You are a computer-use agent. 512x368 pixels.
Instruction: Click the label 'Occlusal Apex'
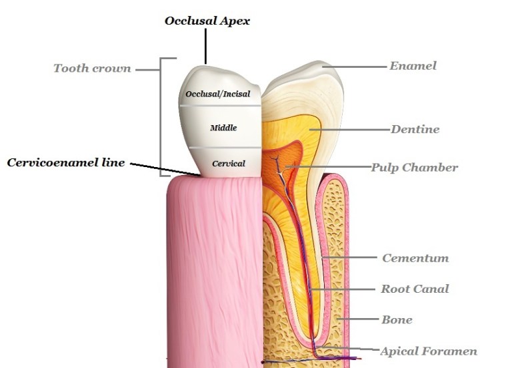click(x=207, y=21)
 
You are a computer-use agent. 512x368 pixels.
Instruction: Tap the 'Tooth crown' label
click(x=92, y=68)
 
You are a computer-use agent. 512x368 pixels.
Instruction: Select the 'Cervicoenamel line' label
click(x=66, y=162)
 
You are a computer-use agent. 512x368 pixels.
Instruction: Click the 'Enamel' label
click(x=413, y=66)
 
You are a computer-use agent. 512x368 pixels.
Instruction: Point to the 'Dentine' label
click(x=415, y=129)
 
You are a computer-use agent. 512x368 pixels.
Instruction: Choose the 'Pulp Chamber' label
click(x=414, y=167)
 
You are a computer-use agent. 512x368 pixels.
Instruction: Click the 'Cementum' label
click(x=415, y=258)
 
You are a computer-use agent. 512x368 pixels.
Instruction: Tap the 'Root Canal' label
click(x=415, y=289)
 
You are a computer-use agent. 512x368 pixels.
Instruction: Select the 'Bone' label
click(x=397, y=319)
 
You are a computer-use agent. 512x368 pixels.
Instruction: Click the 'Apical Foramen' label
click(x=429, y=351)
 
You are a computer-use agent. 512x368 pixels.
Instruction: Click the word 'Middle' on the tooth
click(x=223, y=127)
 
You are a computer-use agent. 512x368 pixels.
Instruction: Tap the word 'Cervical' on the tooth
click(x=228, y=163)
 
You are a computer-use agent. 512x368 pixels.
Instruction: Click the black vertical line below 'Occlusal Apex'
click(x=206, y=47)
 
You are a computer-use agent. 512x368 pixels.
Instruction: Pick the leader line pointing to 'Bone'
click(x=360, y=320)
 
